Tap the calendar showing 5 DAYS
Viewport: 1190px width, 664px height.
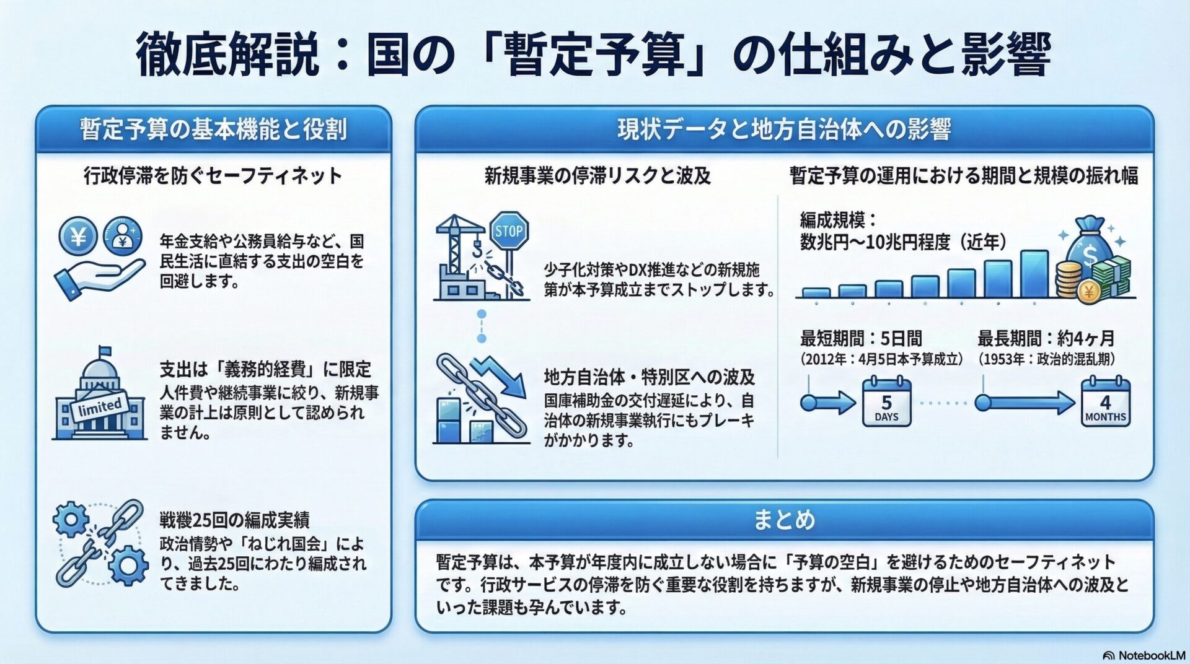tap(886, 402)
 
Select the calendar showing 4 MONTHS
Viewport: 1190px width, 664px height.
tap(1106, 402)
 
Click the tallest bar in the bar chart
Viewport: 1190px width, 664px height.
tap(1034, 274)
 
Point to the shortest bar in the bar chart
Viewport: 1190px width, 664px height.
tap(816, 292)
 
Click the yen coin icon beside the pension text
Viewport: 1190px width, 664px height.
tap(78, 237)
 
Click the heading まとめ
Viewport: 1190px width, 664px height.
tap(784, 519)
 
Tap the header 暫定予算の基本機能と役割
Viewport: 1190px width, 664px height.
tap(213, 129)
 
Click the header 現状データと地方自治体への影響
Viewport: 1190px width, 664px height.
tap(784, 129)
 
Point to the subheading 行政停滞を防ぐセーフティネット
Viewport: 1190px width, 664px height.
tap(213, 175)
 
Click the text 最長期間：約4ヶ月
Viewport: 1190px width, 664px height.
tap(1046, 338)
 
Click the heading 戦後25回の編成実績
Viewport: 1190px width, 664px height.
tap(234, 520)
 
